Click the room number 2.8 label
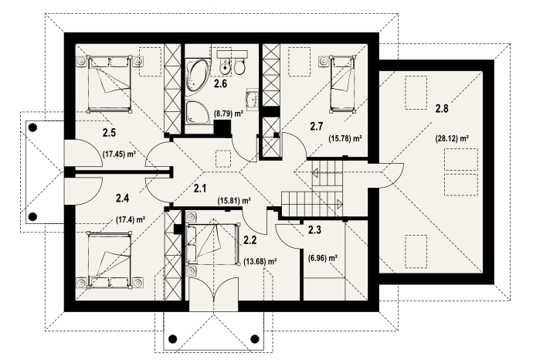(x=442, y=109)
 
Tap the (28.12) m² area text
(x=452, y=138)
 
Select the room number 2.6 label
(x=220, y=83)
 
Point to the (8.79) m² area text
(x=229, y=114)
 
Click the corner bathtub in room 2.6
(x=198, y=76)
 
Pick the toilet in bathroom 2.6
(x=239, y=66)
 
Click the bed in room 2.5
(x=110, y=83)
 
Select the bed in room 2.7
(x=344, y=84)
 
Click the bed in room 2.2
(x=212, y=243)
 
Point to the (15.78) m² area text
(x=345, y=138)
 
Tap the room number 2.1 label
(x=200, y=188)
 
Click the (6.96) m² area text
(x=323, y=258)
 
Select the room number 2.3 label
(x=314, y=230)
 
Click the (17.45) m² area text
(x=119, y=154)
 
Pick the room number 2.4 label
(x=122, y=198)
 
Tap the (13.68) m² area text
(x=260, y=261)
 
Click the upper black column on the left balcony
(x=32, y=127)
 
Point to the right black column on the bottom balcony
(x=255, y=338)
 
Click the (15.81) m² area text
(x=234, y=201)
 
